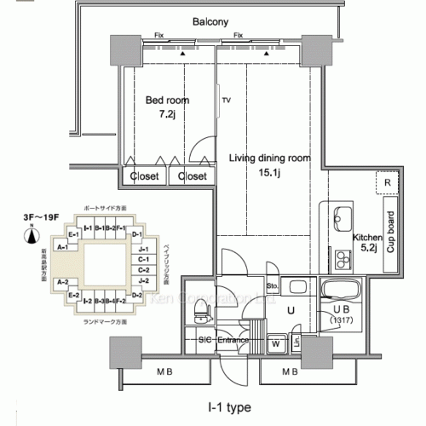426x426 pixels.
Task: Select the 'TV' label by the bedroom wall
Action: [227, 100]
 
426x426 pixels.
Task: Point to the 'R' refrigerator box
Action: [388, 183]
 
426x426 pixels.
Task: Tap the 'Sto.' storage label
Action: [273, 286]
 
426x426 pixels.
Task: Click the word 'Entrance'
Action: [232, 341]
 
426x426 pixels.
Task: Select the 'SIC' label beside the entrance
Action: [204, 341]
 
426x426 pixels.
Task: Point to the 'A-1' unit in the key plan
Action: [61, 246]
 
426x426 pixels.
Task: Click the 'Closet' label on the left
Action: [143, 176]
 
